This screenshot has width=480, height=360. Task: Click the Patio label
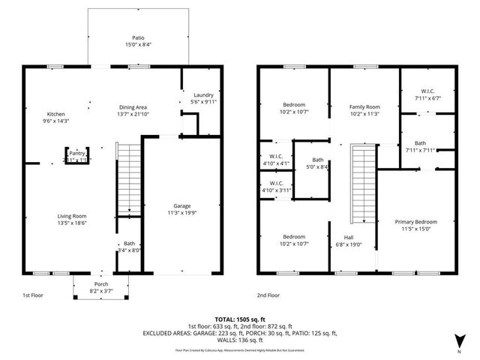tap(138, 37)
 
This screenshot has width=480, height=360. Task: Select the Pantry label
tap(77, 152)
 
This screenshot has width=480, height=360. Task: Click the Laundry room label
tap(203, 95)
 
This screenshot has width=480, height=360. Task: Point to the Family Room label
tap(365, 106)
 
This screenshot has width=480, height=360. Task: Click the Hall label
tap(348, 237)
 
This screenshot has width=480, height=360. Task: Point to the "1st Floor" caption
tap(32, 295)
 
